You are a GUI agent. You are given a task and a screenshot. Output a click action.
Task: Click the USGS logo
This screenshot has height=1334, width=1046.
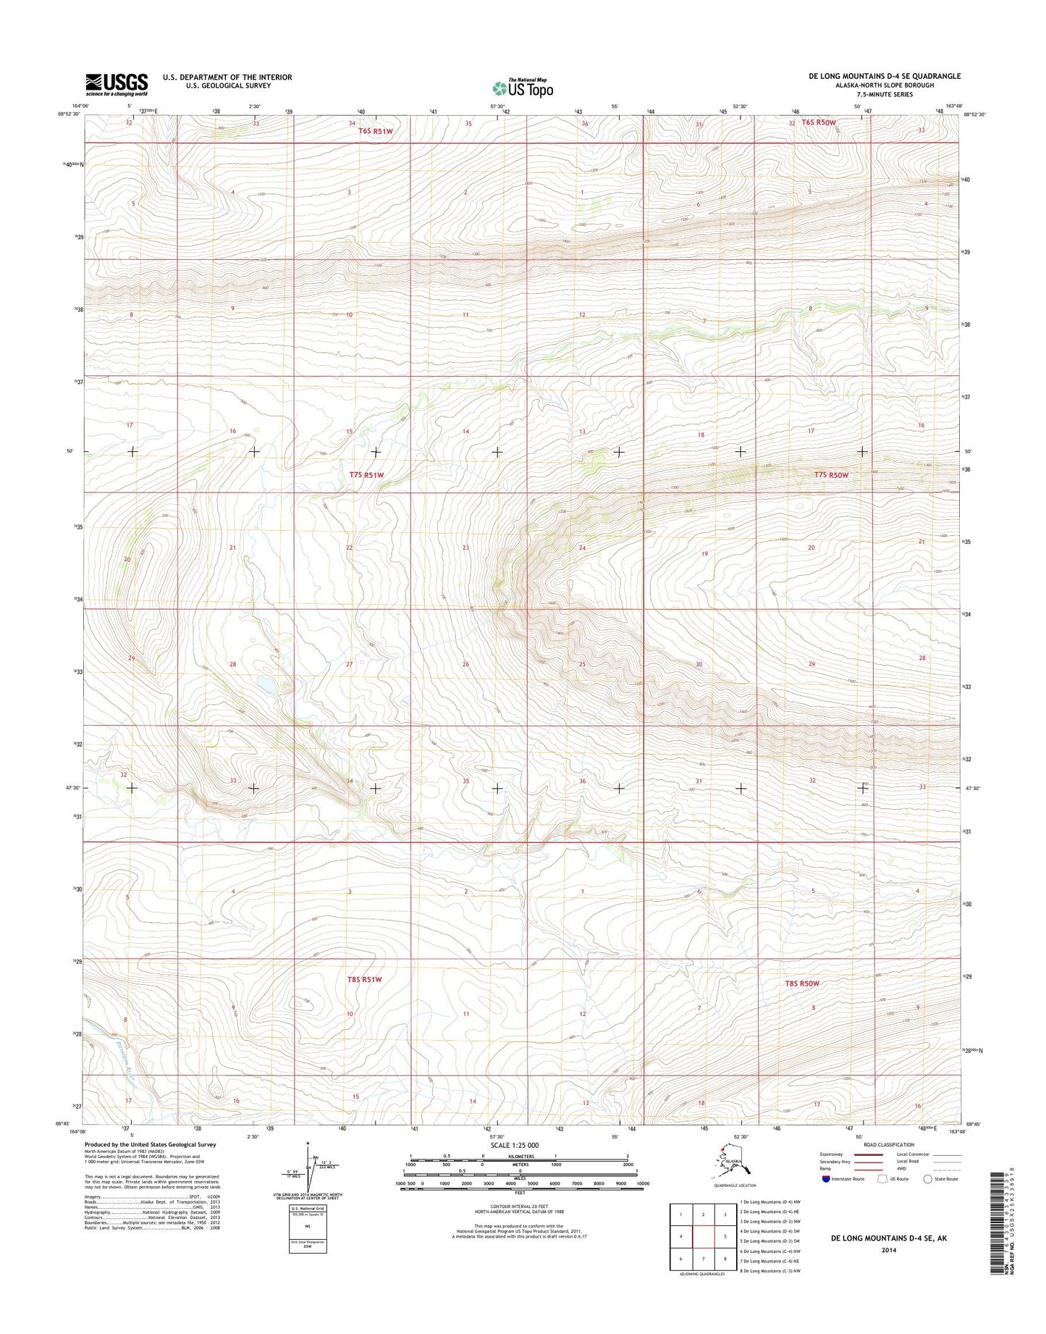point(117,84)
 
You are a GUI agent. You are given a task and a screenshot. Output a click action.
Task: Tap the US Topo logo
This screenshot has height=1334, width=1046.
point(523,88)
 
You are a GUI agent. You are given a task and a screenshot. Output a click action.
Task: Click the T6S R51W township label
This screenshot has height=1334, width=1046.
point(375,131)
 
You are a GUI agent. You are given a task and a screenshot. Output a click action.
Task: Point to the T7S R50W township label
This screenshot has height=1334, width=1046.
point(830,475)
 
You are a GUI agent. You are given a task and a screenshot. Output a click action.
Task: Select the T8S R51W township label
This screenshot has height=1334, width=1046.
point(364,980)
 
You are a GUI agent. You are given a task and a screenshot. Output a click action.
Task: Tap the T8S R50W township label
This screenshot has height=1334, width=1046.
point(802,983)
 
